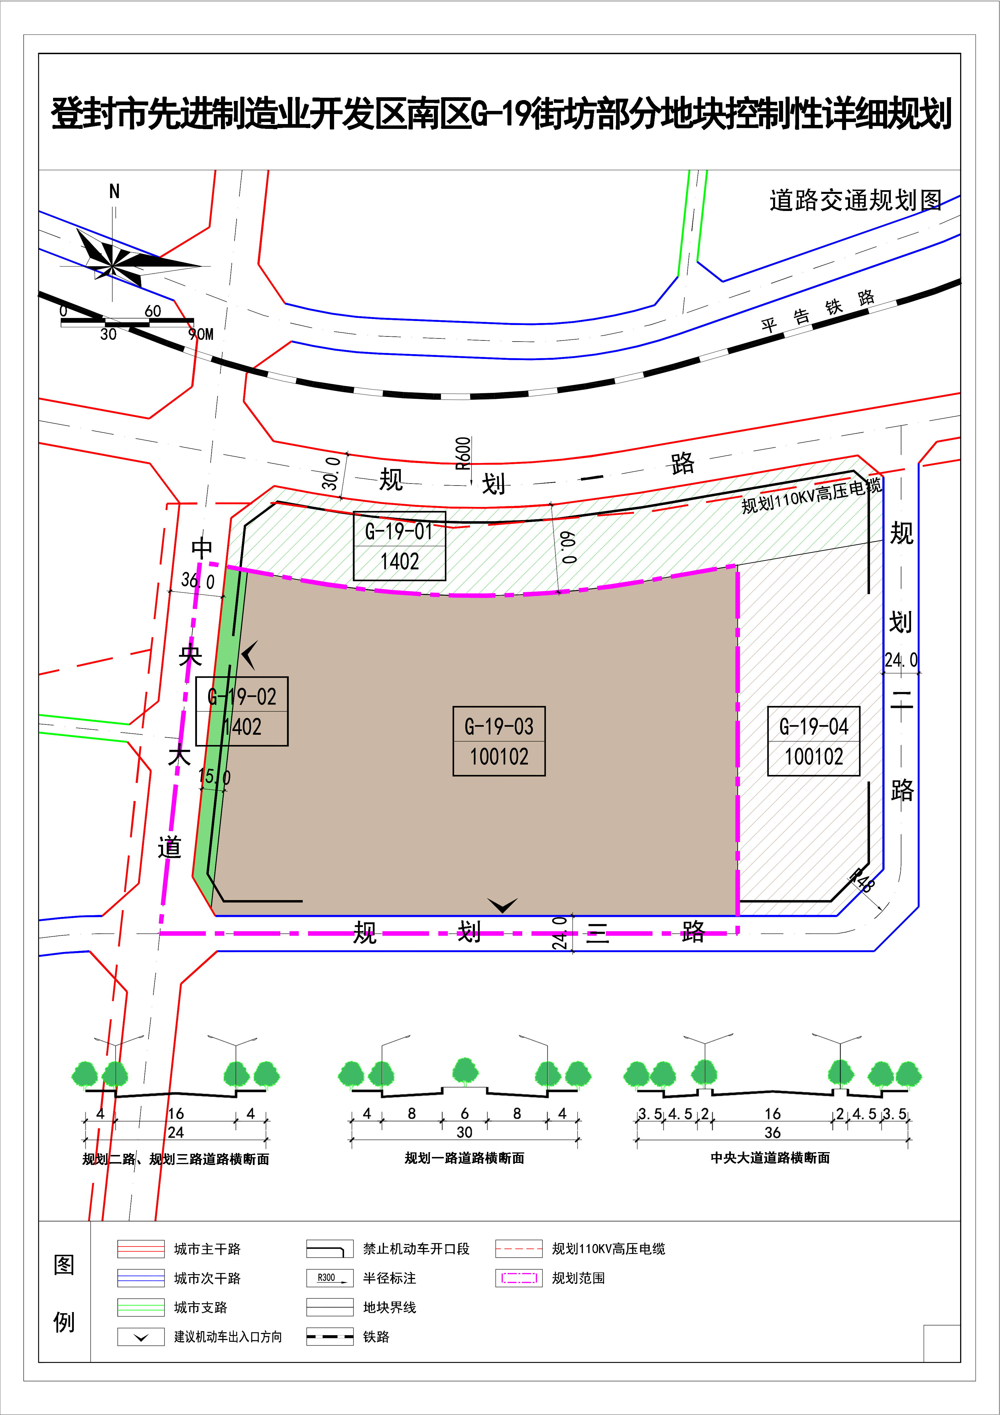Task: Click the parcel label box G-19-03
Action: click(x=499, y=741)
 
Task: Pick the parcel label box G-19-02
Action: click(x=241, y=711)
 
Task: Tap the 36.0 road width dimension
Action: click(x=198, y=580)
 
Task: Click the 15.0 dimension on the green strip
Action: click(x=214, y=777)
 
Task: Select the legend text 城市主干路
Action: click(x=207, y=1249)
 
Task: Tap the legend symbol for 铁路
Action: click(x=330, y=1337)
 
